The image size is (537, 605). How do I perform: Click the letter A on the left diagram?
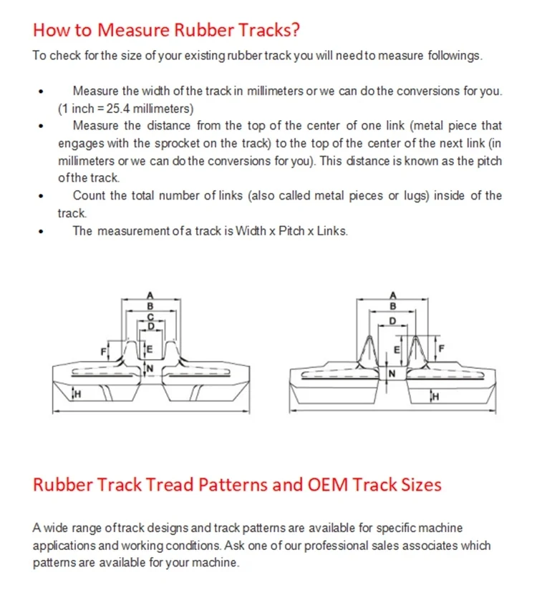coord(150,295)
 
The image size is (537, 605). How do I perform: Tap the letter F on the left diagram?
coord(102,350)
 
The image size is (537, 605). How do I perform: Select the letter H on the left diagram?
coord(78,392)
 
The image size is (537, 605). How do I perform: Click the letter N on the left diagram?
coord(150,368)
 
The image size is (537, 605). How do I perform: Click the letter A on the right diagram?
coord(392,295)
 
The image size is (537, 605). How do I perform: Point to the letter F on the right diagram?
coord(442,350)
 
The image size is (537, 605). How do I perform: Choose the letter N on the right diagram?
coord(392,374)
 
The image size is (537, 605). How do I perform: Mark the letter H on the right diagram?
coord(435,397)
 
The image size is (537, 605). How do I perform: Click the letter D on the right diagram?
coord(392,321)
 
